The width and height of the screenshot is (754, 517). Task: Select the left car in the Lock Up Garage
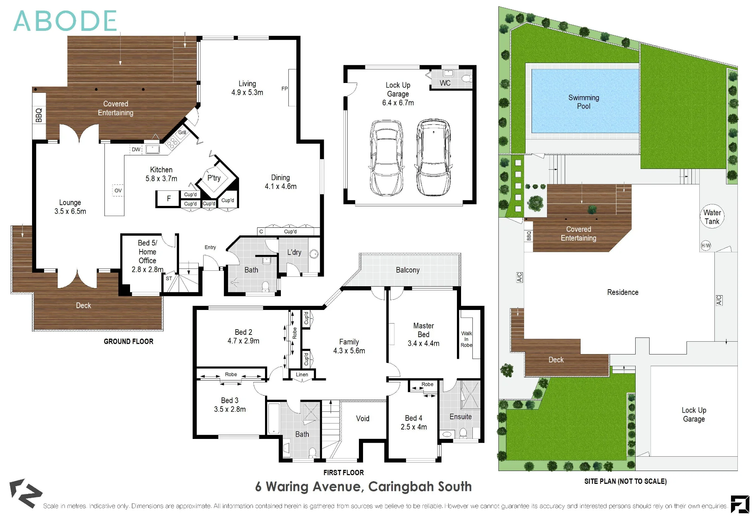(386, 158)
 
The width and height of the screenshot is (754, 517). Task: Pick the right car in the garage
(433, 157)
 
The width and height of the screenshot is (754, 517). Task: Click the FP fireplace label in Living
(285, 89)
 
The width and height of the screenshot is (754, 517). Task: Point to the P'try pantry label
(214, 178)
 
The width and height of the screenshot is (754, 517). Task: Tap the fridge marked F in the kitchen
(169, 198)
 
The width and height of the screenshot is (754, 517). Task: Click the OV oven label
(118, 190)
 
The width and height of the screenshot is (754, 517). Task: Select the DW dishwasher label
(136, 149)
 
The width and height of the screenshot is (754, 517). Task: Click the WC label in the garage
(445, 83)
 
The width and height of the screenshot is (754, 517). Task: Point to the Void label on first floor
(363, 419)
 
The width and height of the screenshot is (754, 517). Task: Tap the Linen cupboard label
(302, 374)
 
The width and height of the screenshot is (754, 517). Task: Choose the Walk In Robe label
(466, 339)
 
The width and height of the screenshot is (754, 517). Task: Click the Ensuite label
(461, 417)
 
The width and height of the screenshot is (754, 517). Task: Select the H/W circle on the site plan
(706, 245)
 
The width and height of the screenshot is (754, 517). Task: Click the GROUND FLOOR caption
(129, 341)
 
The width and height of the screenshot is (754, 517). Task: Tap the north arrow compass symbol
(25, 493)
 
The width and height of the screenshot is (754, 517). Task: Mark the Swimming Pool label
(584, 102)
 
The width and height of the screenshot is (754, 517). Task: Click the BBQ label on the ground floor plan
(39, 115)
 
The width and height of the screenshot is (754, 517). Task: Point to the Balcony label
(408, 270)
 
